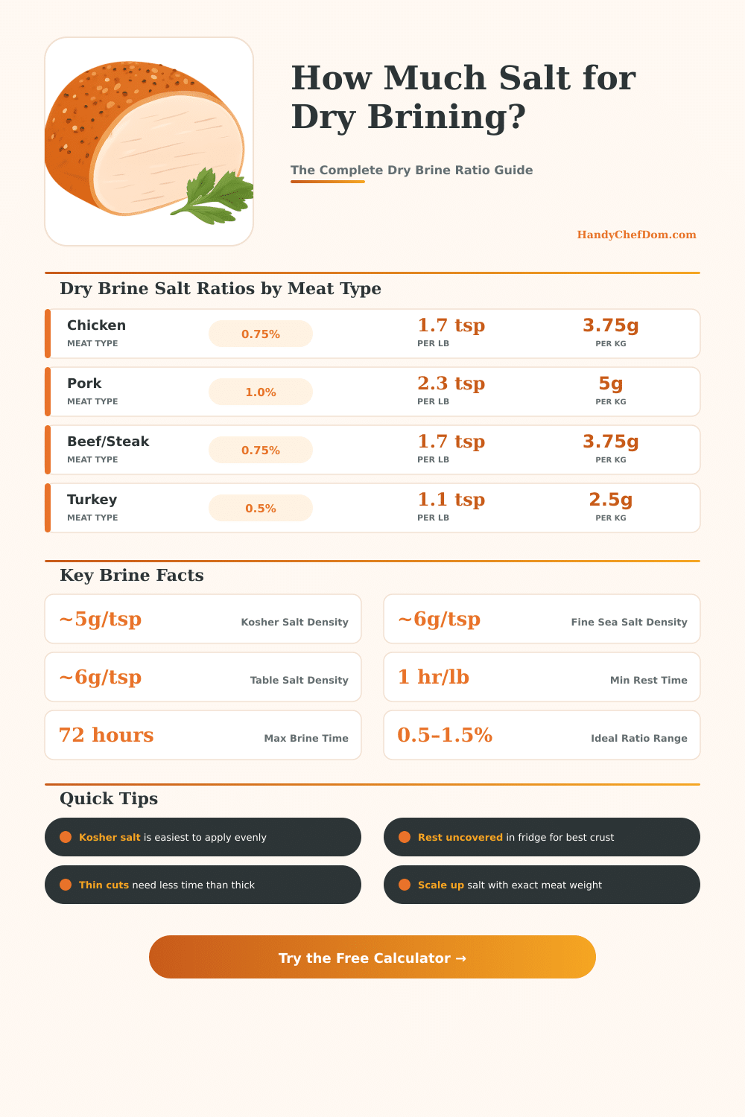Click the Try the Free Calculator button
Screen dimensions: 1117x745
(372, 958)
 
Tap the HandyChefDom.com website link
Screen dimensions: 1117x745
(636, 235)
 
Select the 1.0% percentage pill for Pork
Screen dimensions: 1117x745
(261, 392)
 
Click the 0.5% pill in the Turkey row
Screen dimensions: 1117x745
(261, 509)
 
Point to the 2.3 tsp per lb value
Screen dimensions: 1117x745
(451, 384)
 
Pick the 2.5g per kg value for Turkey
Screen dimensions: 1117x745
(610, 500)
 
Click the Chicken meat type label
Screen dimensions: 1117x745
(96, 325)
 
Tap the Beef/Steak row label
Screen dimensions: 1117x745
(108, 442)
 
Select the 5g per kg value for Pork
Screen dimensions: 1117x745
(610, 384)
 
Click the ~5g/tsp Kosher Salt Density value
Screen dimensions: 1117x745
(100, 620)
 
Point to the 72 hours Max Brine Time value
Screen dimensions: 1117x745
(106, 736)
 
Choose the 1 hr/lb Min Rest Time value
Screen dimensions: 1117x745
(433, 678)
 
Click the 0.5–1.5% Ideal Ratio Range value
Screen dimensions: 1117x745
(445, 736)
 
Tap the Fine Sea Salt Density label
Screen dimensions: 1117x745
(629, 623)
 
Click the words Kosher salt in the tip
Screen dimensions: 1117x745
(110, 838)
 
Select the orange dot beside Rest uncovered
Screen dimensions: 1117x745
(405, 837)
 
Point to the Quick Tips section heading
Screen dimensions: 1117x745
(109, 799)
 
